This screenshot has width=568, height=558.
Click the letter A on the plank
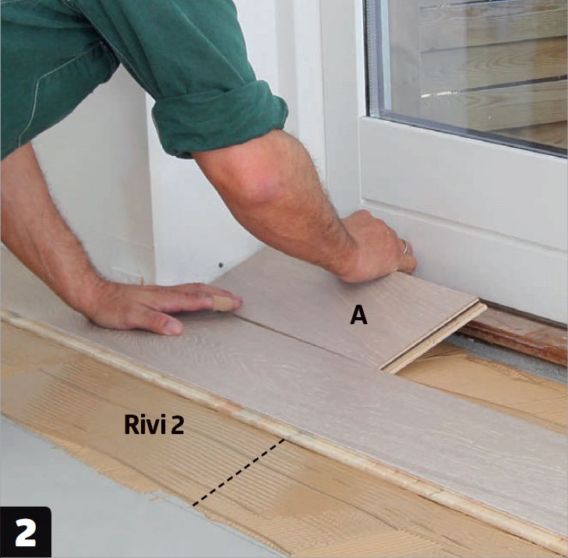pyautogui.click(x=358, y=315)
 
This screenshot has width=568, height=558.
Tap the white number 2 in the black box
pyautogui.click(x=26, y=532)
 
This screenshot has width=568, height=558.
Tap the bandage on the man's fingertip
pyautogui.click(x=223, y=303)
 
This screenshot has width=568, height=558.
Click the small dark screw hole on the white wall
pyautogui.click(x=220, y=265)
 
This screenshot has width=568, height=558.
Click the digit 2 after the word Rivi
pyautogui.click(x=177, y=425)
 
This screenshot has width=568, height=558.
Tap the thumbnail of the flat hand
pyautogui.click(x=173, y=328)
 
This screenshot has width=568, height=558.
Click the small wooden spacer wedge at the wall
pyautogui.click(x=142, y=281)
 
